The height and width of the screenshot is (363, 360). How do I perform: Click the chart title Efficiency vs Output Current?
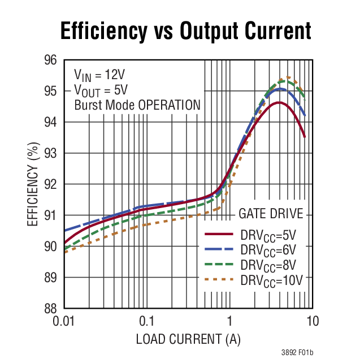[x=186, y=30]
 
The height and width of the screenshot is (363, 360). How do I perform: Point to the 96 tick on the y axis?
[x=50, y=60]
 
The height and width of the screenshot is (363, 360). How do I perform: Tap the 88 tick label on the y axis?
[x=50, y=309]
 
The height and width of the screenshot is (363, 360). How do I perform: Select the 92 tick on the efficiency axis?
[x=50, y=184]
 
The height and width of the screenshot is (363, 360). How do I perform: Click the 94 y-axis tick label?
[x=50, y=122]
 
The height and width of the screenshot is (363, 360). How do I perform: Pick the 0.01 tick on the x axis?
[x=64, y=321]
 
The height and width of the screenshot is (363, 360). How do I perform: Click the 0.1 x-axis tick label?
[x=147, y=321]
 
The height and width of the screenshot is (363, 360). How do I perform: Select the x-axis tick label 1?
[x=229, y=321]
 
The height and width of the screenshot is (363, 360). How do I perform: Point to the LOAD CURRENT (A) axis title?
[x=188, y=340]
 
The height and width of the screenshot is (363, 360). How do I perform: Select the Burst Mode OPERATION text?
[x=137, y=105]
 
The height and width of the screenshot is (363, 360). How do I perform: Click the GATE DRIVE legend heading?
[x=271, y=214]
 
